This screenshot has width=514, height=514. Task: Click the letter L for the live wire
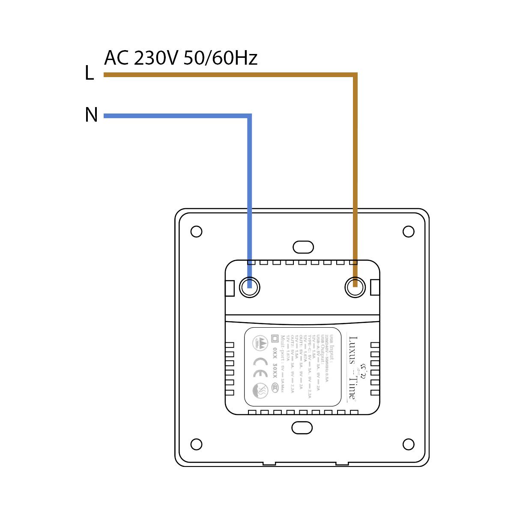89,73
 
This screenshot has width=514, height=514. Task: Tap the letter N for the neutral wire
91,115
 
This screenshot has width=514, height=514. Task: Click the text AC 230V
140,58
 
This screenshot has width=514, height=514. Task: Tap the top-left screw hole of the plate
196,231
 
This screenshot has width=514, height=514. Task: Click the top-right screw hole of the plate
409,231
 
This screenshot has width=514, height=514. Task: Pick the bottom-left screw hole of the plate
196,444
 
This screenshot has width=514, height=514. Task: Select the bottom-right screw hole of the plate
409,444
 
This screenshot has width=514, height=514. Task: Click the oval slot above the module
303,247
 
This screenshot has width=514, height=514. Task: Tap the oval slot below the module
302,427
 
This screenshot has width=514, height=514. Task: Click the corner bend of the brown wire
355,75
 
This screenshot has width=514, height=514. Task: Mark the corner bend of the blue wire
249,116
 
